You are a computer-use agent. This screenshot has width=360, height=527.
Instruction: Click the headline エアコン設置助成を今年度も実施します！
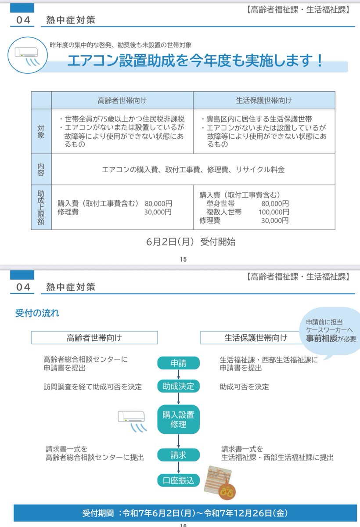[195, 61]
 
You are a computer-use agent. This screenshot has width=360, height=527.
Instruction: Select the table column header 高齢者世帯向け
[122, 100]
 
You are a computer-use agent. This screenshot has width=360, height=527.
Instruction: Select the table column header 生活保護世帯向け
[263, 100]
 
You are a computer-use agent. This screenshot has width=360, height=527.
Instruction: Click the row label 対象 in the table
[41, 131]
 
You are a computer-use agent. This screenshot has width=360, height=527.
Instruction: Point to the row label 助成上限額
[41, 207]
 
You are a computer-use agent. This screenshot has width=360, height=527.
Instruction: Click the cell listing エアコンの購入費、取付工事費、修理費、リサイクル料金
[193, 170]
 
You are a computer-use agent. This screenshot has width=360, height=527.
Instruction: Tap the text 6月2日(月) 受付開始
[191, 242]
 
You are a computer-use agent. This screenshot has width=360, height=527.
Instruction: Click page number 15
[183, 260]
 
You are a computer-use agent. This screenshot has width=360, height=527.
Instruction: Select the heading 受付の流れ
[37, 314]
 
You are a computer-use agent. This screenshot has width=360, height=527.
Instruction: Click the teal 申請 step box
[178, 363]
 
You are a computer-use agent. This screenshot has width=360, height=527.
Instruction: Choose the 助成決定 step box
[178, 386]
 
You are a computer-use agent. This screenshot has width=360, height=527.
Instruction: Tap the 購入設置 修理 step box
[178, 419]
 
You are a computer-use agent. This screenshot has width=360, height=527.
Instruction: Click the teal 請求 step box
[178, 455]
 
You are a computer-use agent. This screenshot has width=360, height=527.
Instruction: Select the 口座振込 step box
[178, 480]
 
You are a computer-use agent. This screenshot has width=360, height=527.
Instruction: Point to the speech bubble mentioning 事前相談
[331, 330]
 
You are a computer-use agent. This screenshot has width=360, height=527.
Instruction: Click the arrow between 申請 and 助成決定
[178, 375]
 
